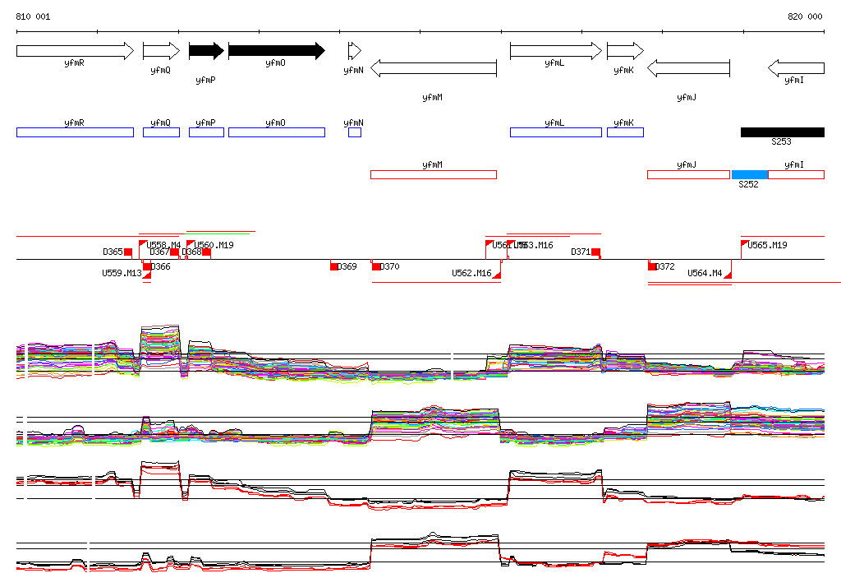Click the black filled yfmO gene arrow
click(x=276, y=51)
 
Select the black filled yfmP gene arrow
click(x=206, y=51)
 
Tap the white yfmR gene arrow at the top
click(x=74, y=51)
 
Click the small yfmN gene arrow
click(x=354, y=51)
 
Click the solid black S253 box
click(x=782, y=132)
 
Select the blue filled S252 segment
click(x=750, y=174)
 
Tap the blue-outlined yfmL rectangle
click(x=555, y=132)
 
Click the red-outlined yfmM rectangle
click(x=434, y=174)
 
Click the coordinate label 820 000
click(x=805, y=16)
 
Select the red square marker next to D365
click(x=128, y=252)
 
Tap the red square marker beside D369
click(x=334, y=266)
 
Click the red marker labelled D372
click(x=651, y=266)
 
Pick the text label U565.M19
click(x=767, y=245)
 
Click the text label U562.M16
click(x=471, y=273)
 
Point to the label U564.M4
click(x=705, y=273)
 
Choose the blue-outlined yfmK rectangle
click(x=625, y=132)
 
